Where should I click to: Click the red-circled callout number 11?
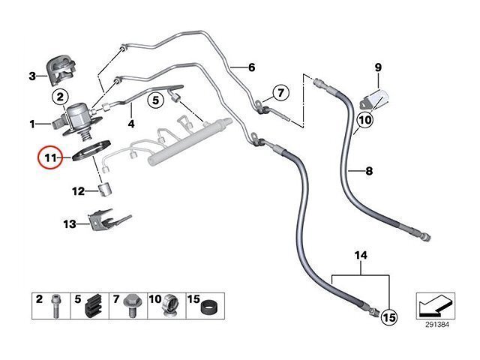[x=50, y=157]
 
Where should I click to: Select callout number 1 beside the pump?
[x=32, y=122]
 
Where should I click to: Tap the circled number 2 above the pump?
[x=60, y=97]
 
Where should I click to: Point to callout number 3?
[x=32, y=76]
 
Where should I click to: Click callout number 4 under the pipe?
[x=130, y=124]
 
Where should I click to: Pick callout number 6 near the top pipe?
[x=251, y=67]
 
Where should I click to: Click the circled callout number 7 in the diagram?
[x=280, y=94]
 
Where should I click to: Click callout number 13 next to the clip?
[x=70, y=223]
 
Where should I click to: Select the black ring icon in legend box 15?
[x=211, y=308]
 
